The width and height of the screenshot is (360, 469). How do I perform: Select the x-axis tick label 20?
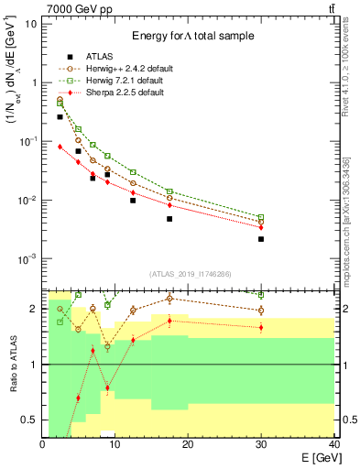[188, 444]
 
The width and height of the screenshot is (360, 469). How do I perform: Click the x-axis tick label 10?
[115, 444]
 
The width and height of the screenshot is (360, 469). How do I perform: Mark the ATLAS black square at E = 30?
[261, 239]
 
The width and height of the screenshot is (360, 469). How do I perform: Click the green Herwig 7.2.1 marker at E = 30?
[261, 217]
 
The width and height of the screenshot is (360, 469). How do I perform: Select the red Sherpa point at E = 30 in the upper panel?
[261, 227]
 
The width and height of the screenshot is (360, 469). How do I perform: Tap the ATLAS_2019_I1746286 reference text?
[190, 274]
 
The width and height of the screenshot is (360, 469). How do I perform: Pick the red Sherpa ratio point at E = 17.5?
[169, 321]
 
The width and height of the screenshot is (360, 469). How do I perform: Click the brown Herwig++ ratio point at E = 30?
[261, 311]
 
